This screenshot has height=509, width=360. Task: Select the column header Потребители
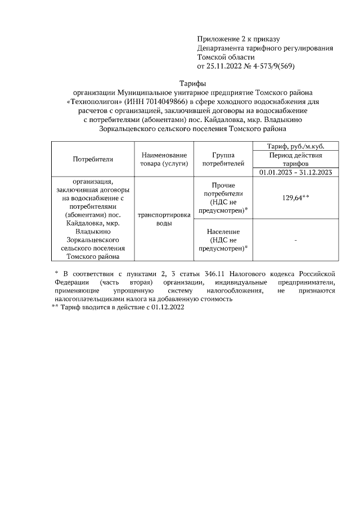(x=93, y=159)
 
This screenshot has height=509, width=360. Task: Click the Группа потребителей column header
(x=223, y=159)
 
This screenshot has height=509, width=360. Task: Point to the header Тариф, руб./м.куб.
(x=296, y=146)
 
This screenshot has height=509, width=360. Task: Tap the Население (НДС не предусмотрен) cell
(x=223, y=240)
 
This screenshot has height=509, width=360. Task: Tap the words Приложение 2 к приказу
(x=238, y=39)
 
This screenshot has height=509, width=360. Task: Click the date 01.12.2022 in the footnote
(x=165, y=308)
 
